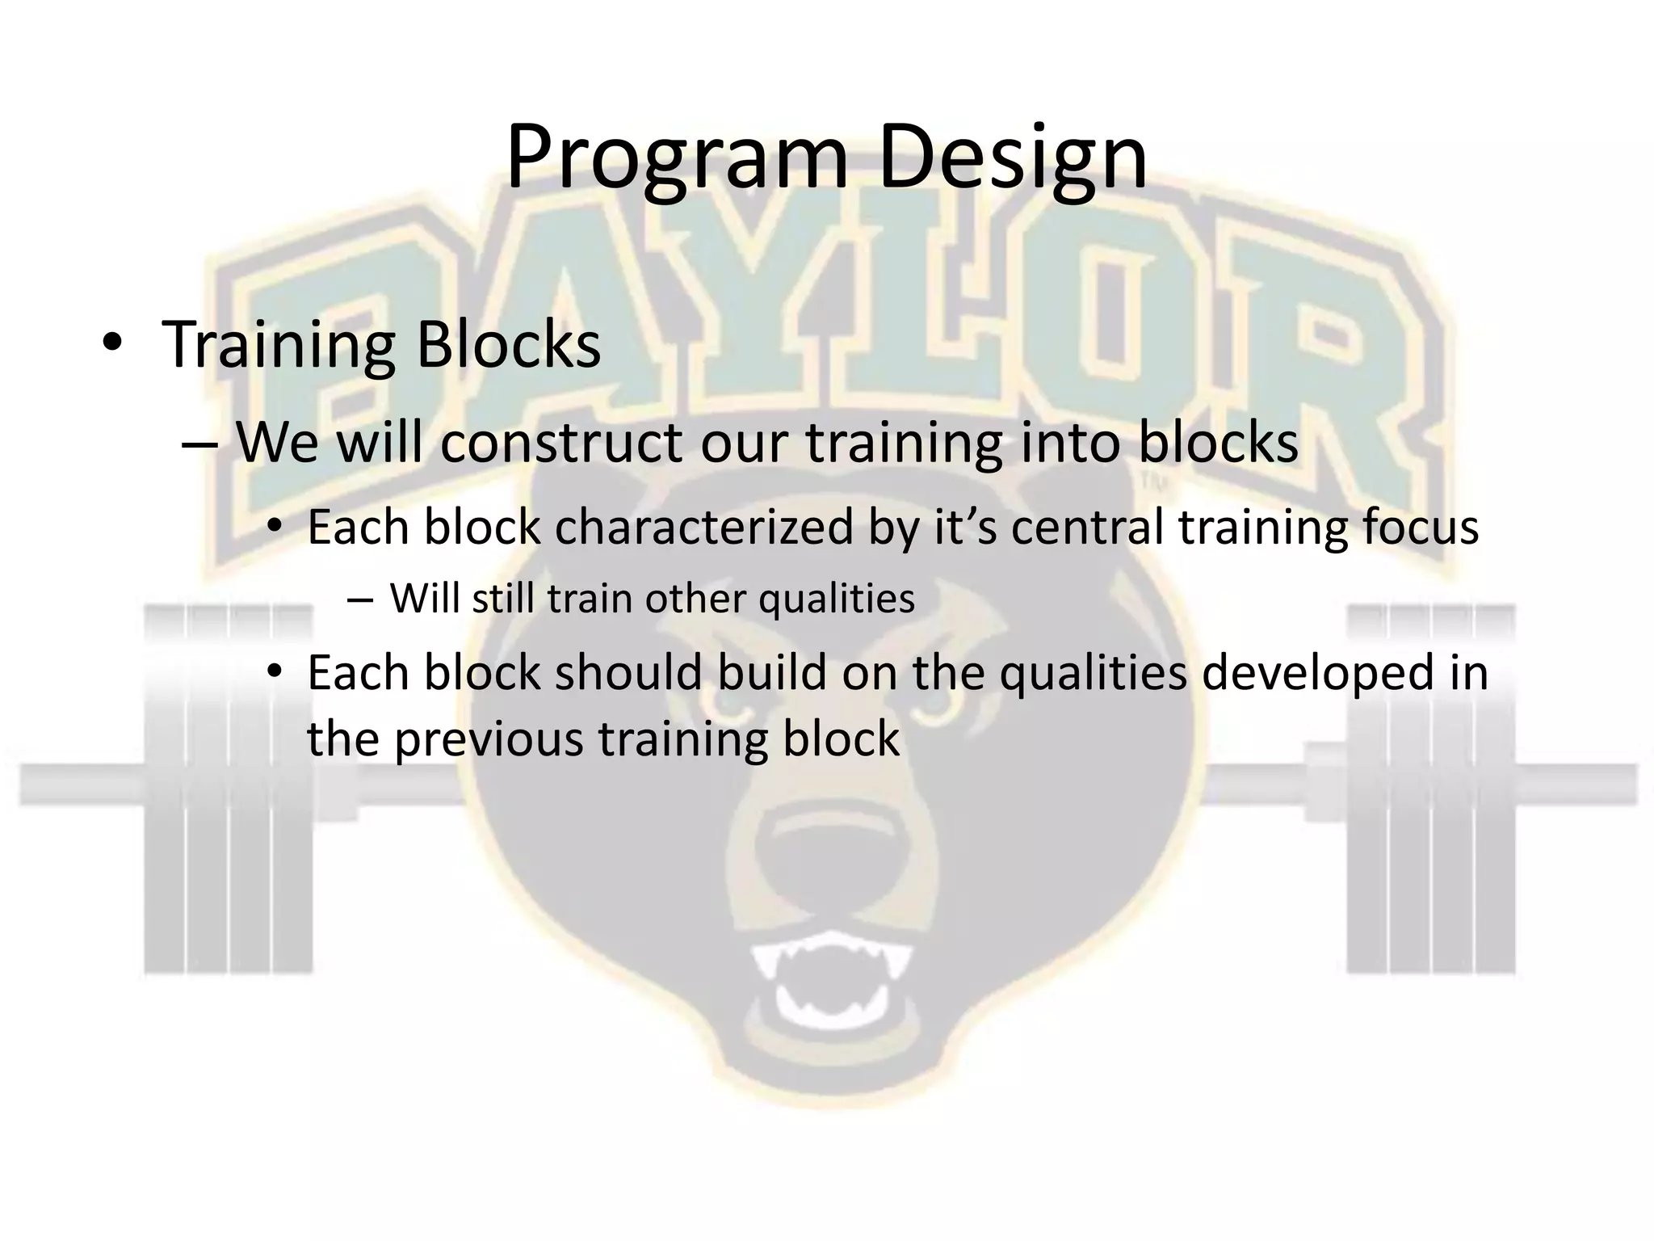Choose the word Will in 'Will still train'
click(424, 599)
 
